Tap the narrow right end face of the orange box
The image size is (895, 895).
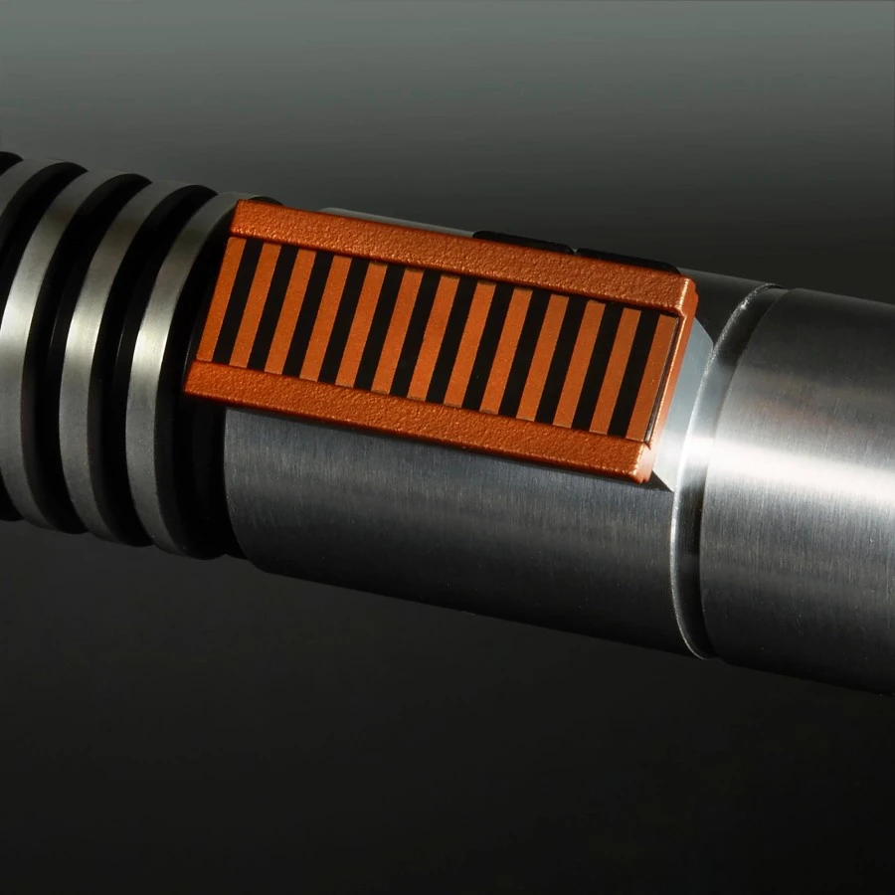coord(684,388)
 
